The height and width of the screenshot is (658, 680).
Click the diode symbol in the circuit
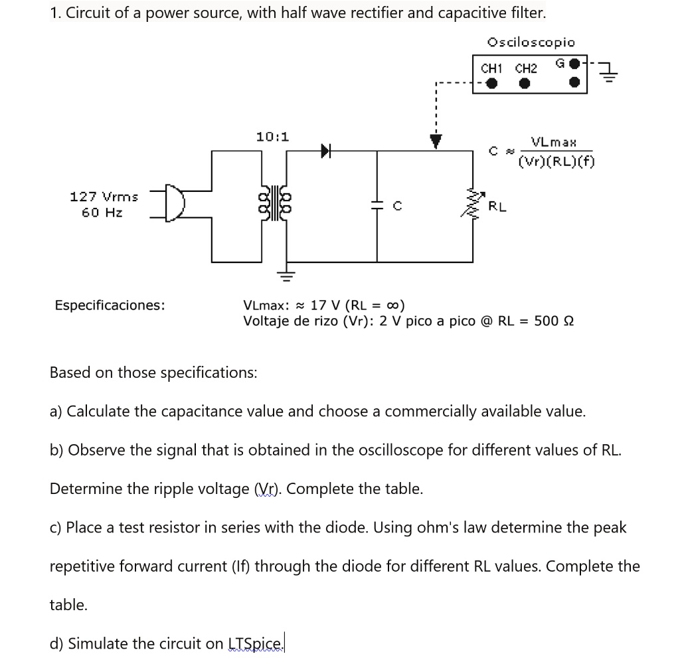tap(325, 151)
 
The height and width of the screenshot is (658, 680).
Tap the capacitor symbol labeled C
tap(378, 206)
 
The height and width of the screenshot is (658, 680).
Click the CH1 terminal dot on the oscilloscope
tap(491, 84)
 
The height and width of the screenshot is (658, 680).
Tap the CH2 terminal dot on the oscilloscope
tap(525, 84)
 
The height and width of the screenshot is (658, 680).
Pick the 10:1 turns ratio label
tap(272, 137)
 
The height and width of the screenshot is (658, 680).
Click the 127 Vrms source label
tap(104, 197)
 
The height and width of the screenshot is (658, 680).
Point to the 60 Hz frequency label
tap(102, 212)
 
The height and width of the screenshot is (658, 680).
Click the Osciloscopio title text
tap(531, 42)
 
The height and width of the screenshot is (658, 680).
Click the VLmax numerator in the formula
tap(554, 142)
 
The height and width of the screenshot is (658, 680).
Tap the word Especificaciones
tap(110, 305)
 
